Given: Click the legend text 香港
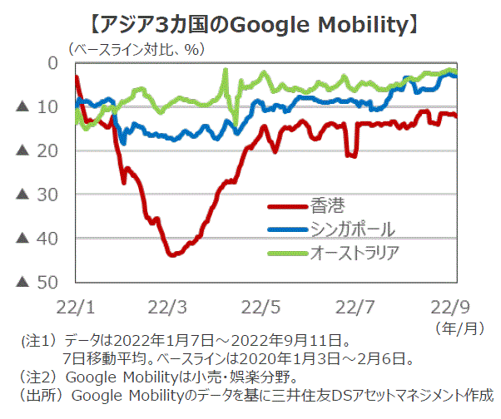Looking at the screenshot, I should click(x=326, y=205).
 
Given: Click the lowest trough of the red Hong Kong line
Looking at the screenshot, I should click(x=172, y=254).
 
